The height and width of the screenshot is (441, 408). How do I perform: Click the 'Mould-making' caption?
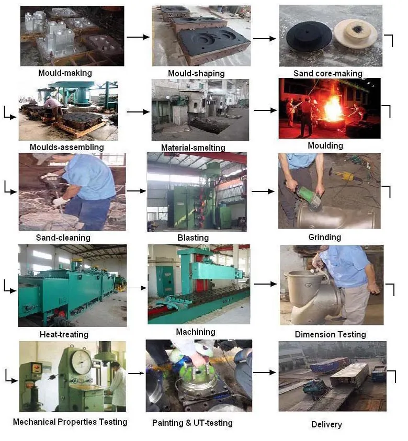coord(65,73)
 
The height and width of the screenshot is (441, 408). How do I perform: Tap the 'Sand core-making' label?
coord(328,73)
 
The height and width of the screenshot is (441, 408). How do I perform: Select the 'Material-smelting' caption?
coord(193,148)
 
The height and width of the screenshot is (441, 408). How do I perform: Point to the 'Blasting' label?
coord(193,238)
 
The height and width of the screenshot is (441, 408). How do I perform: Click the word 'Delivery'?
coord(327,424)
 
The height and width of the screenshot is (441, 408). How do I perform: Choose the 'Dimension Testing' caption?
coord(331,334)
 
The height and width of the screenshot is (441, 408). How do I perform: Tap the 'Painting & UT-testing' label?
coord(192,423)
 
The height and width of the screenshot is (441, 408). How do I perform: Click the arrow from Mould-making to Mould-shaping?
coord(138,37)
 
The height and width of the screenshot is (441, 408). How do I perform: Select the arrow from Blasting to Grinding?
coord(263,191)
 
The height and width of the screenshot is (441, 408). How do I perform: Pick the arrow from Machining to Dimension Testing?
coord(265,284)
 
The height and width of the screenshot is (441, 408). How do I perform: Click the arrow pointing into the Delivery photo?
coord(265,372)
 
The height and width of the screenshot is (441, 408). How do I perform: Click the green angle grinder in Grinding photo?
coord(307,196)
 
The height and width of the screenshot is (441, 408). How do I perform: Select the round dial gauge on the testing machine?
coord(82,361)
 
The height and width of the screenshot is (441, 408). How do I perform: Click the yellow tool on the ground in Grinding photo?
coord(343,175)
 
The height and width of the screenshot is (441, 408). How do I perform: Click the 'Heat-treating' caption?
coord(64,334)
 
